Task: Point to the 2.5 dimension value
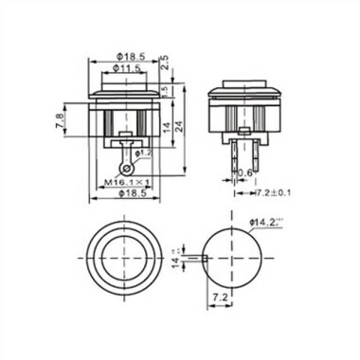[x=165, y=64]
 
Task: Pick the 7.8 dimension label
[x=62, y=120]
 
